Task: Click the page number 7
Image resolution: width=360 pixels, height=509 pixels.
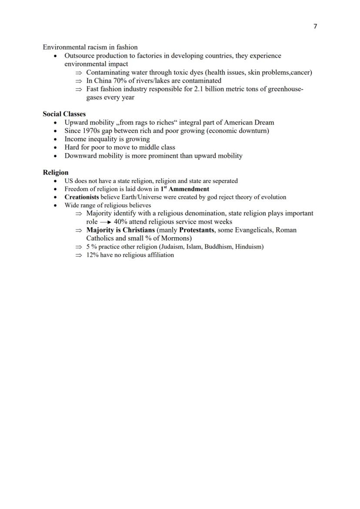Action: (315, 26)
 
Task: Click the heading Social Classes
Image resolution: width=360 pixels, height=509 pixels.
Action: (64, 114)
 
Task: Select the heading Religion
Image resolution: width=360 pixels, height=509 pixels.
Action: (55, 172)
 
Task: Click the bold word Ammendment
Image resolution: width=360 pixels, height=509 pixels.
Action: (189, 189)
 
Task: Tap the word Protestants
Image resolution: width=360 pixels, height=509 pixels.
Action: (197, 230)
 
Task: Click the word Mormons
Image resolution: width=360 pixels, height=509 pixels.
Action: (176, 238)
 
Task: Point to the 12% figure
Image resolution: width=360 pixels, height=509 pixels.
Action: (92, 255)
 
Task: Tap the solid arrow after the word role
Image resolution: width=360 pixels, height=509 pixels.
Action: (106, 222)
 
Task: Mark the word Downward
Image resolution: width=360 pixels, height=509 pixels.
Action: (80, 156)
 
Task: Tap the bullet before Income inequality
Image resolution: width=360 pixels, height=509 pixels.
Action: (55, 140)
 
